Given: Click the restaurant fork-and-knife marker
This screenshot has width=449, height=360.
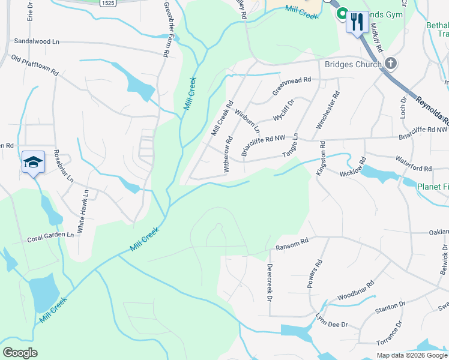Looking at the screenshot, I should coord(358,22).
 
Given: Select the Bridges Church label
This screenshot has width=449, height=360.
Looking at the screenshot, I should coord(352,64).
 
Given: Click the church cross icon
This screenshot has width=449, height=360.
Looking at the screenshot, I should coord(391,63).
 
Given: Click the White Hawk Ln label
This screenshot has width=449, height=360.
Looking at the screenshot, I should coord(83,212).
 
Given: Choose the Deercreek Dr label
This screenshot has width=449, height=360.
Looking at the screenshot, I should coord(270,282).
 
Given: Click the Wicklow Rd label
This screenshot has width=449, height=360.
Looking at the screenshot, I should coord(353,169).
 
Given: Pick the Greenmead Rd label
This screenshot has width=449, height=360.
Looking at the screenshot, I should coord(292,86).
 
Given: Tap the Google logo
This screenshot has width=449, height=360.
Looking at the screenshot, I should coord(20,353).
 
